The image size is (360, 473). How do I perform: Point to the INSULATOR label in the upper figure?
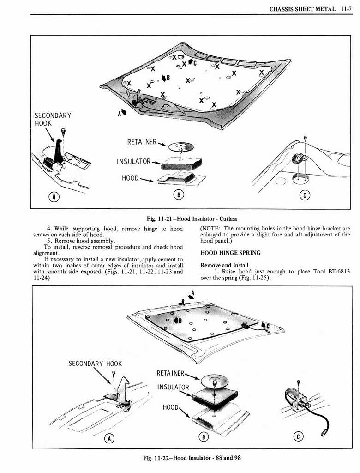(x=134, y=161)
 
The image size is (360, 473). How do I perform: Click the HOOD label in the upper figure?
(x=130, y=177)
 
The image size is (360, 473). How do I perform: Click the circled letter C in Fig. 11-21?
(x=304, y=196)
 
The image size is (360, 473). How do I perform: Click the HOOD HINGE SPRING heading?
(x=230, y=253)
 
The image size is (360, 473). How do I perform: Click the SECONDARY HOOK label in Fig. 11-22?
(x=95, y=364)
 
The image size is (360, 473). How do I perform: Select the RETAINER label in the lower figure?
(x=171, y=373)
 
